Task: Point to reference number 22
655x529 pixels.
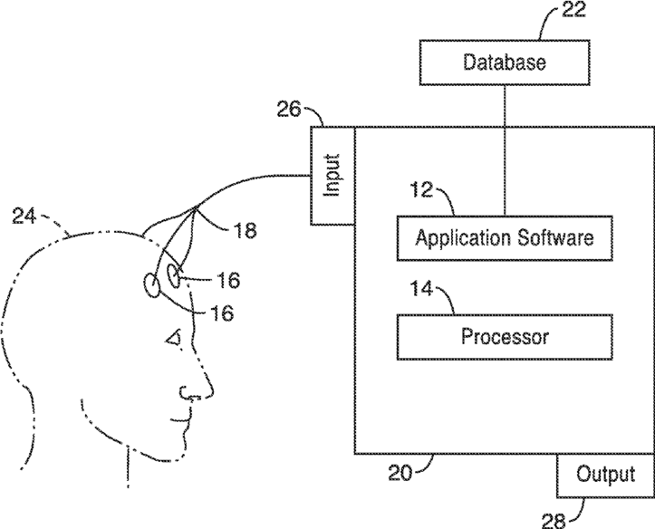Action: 573,10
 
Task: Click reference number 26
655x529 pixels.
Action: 289,110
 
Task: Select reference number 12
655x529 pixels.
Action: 421,190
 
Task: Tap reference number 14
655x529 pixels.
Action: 421,289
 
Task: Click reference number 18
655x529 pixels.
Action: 245,230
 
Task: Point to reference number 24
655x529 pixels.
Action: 24,216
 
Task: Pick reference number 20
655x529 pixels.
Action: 400,473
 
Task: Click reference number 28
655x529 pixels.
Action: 554,521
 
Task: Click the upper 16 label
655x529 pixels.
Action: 228,280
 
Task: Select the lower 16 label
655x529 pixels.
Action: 222,313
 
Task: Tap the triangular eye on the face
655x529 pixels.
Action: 174,338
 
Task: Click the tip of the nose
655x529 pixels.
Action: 213,391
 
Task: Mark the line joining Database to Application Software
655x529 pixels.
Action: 505,150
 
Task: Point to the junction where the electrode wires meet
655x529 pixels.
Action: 196,207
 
